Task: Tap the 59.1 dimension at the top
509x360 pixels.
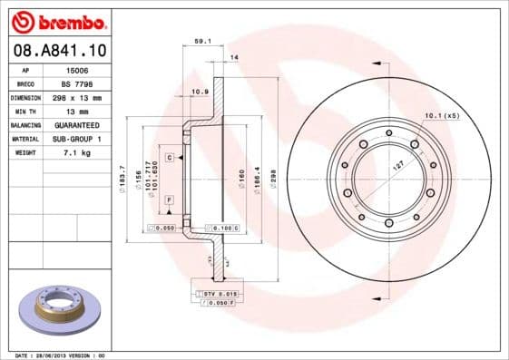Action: (203, 40)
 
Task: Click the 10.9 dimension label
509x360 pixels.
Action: (201, 92)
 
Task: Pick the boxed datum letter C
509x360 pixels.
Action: (170, 158)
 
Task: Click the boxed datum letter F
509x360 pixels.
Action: (170, 199)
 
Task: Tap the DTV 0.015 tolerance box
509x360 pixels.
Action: (219, 293)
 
